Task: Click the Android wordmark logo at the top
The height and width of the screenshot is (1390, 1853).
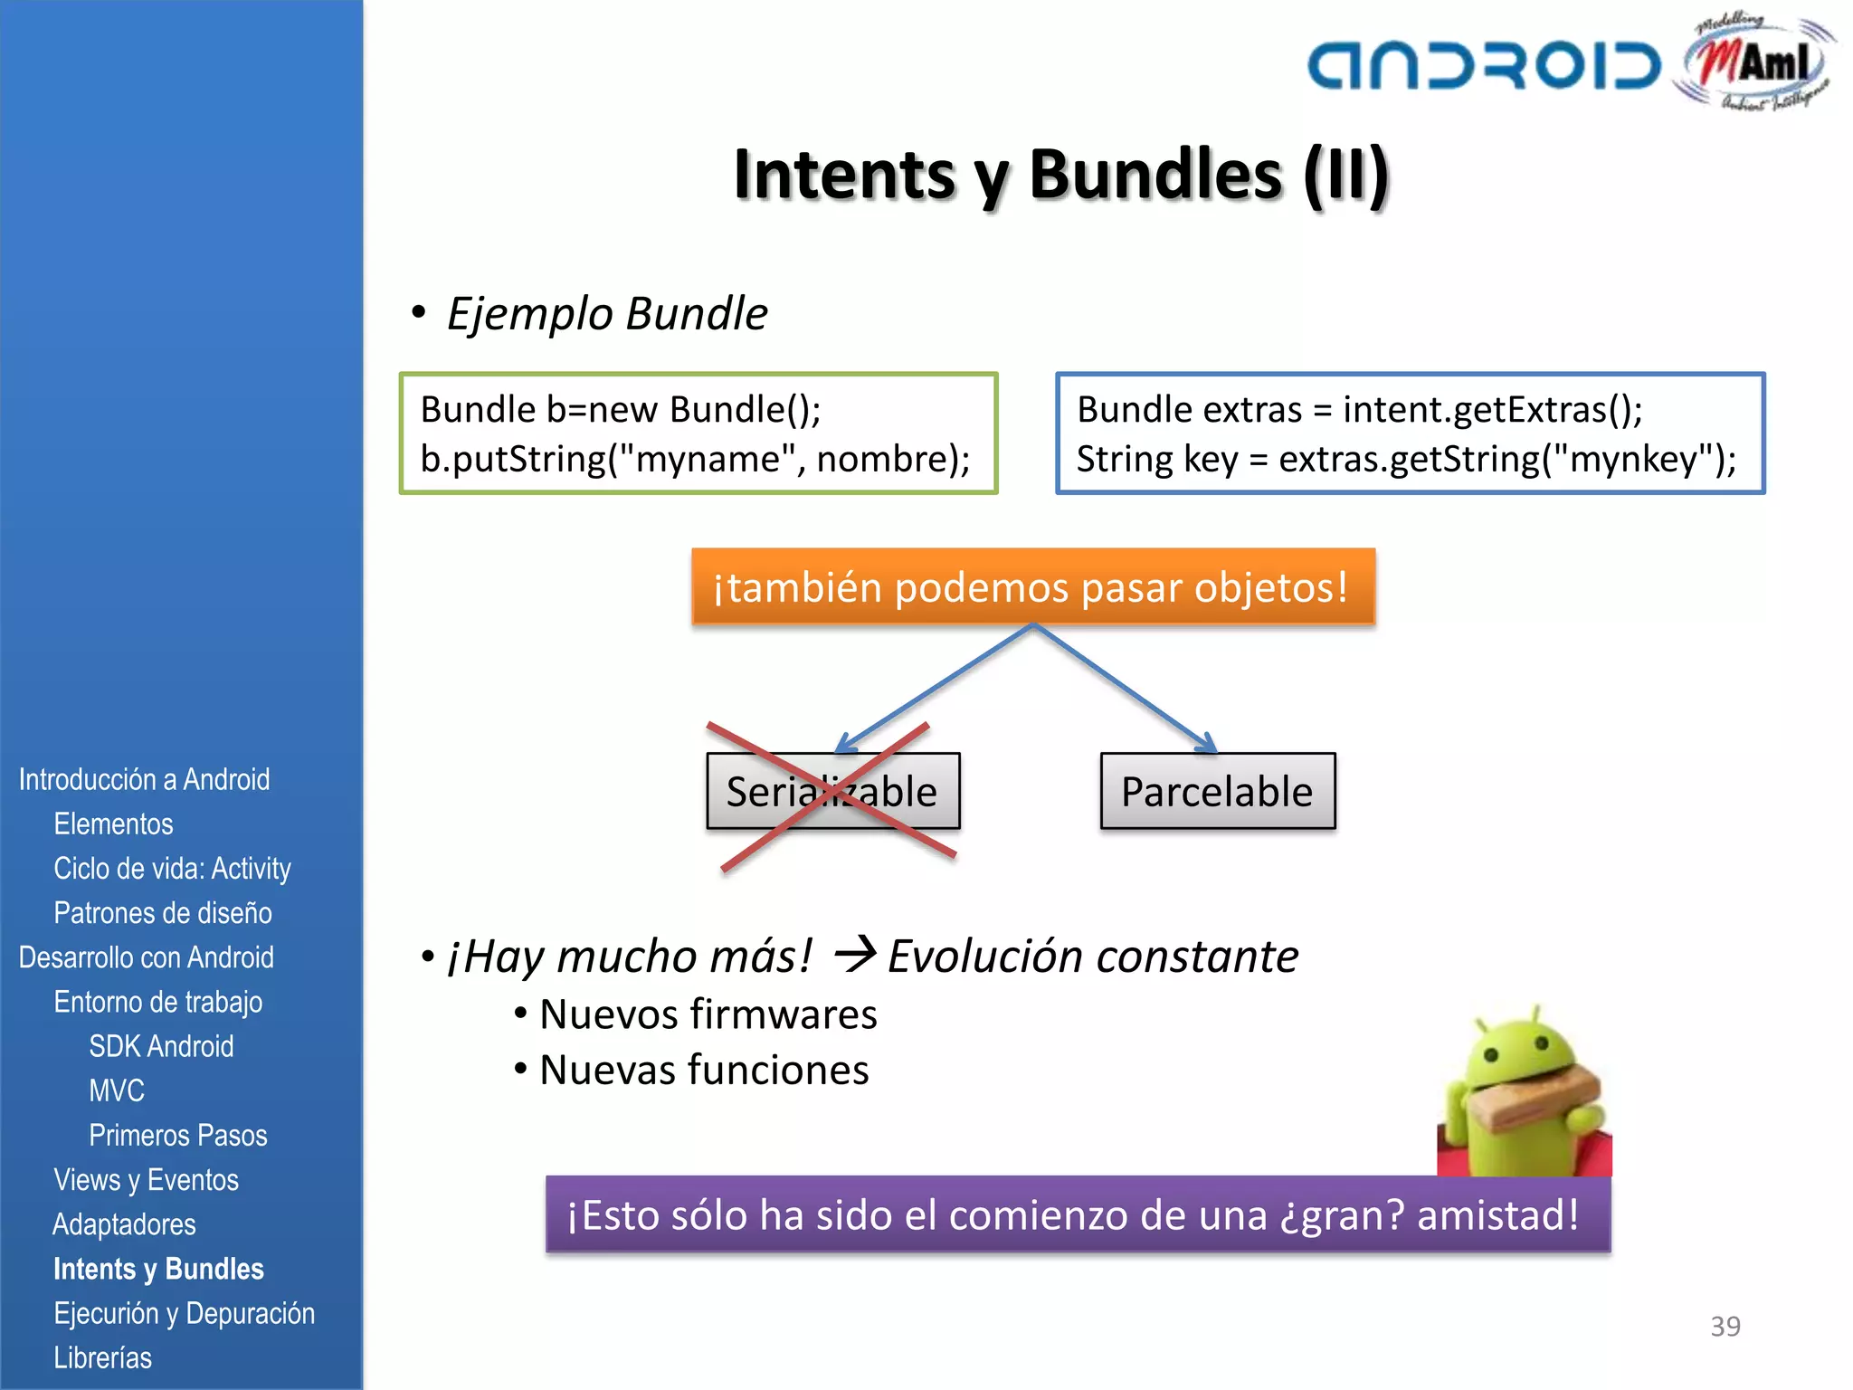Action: [x=1484, y=65]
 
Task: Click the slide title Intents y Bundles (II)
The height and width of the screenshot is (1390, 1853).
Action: [x=1060, y=174]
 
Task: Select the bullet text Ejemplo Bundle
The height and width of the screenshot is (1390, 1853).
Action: [x=606, y=314]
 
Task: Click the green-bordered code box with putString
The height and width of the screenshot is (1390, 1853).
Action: [x=698, y=433]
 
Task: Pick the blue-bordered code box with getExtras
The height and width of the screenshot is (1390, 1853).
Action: [x=1410, y=433]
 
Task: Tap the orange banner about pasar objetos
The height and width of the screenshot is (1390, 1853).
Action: [x=1032, y=586]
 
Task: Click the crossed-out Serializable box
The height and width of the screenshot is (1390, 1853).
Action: [x=832, y=792]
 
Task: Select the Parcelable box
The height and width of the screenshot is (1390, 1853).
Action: [x=1217, y=792]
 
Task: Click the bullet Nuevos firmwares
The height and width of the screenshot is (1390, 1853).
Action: [x=708, y=1014]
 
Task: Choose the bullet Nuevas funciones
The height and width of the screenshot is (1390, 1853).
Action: [x=704, y=1071]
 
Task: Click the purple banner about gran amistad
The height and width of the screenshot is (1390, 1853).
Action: [x=1077, y=1214]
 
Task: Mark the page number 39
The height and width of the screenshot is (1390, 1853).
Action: [x=1725, y=1326]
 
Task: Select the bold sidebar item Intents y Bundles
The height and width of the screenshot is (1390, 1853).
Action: [x=158, y=1269]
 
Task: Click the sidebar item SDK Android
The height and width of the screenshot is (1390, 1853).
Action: [x=161, y=1046]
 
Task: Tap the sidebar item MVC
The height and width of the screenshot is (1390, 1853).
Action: [x=117, y=1090]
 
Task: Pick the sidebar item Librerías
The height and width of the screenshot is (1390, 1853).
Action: [x=102, y=1357]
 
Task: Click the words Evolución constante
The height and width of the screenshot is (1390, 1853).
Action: [x=1092, y=957]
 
